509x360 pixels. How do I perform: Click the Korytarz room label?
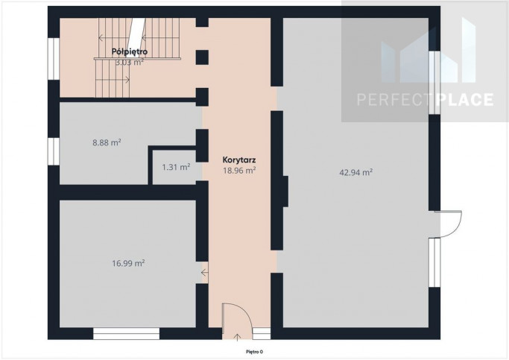click(239, 160)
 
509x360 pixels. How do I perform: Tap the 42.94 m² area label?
click(355, 172)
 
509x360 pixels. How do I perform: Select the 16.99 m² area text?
click(128, 263)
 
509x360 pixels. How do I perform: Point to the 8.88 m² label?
click(107, 142)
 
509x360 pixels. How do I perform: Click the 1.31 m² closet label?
click(176, 167)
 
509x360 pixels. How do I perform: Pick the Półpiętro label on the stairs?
click(130, 51)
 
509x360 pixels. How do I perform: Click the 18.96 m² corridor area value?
click(239, 171)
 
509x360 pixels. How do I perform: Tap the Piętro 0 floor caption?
click(254, 352)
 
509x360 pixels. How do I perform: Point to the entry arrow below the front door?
click(237, 338)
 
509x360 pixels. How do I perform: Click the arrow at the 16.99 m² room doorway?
click(204, 273)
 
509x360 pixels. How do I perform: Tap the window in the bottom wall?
click(126, 334)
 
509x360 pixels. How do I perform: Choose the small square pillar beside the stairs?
click(202, 57)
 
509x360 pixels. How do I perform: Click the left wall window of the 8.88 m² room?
click(54, 151)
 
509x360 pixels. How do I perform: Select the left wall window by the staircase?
click(54, 59)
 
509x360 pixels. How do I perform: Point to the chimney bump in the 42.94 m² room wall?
click(285, 192)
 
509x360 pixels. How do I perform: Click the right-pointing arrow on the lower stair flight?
click(126, 79)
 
